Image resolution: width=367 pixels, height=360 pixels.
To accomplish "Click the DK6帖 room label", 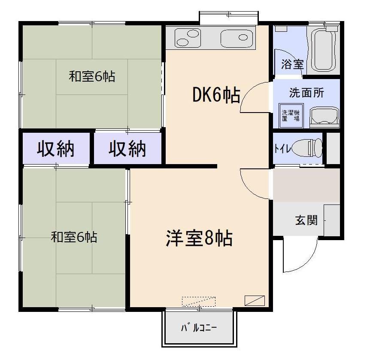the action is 216,95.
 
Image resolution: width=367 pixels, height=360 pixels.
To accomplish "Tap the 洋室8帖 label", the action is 199,238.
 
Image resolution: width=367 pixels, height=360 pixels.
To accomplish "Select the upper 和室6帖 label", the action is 92,76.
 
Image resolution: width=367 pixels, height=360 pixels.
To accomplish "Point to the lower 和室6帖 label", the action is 74,237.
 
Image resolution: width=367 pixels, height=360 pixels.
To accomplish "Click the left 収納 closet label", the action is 56,149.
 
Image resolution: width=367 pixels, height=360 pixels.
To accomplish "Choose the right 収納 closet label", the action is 127,149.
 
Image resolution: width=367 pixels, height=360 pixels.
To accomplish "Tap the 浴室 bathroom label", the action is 292,64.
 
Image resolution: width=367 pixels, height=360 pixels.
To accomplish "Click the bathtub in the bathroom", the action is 324,50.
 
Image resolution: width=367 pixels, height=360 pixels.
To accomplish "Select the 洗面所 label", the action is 306,92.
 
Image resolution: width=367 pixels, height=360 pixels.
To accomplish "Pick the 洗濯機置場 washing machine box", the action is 291,116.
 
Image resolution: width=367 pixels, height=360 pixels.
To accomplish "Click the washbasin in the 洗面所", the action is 325,117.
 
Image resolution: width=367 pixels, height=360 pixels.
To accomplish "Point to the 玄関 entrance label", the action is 306,220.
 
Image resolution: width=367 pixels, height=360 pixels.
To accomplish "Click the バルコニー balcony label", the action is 199,328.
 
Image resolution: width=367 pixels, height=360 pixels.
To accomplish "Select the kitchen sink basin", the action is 237,38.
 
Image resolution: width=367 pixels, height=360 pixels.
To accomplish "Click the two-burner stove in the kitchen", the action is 188,38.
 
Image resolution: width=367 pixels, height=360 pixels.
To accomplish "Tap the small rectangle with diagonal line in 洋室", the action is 255,301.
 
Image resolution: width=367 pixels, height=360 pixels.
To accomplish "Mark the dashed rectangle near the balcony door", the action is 199,302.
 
